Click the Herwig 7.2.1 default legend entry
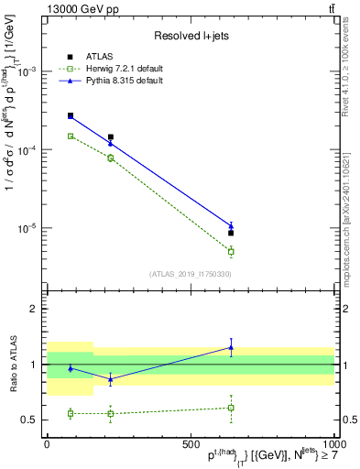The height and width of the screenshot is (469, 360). [117, 70]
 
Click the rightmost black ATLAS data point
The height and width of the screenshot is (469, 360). [231, 233]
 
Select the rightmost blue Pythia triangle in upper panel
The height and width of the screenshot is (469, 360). [231, 225]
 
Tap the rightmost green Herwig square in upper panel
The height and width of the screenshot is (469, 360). [231, 251]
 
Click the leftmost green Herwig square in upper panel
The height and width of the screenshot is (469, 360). [71, 136]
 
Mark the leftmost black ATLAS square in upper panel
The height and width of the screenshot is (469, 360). [71, 115]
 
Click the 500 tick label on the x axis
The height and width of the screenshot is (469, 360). [191, 443]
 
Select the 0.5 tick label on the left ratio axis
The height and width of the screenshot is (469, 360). [32, 420]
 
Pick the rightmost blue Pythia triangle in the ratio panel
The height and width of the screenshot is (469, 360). [231, 347]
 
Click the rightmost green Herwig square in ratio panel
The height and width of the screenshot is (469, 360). [231, 408]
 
